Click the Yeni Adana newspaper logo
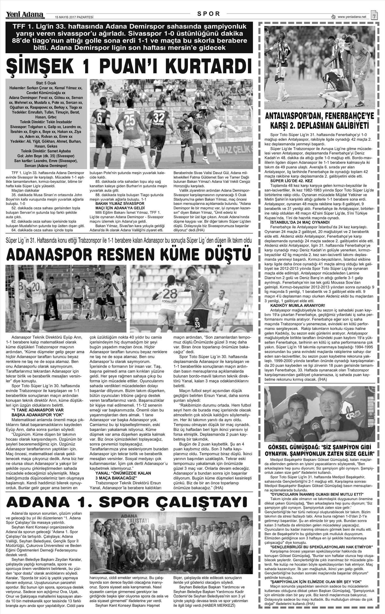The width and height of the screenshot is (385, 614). tap(25, 15)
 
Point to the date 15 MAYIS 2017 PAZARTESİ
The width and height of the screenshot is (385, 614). tap(74, 17)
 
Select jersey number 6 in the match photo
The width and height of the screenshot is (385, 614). tap(100, 118)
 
